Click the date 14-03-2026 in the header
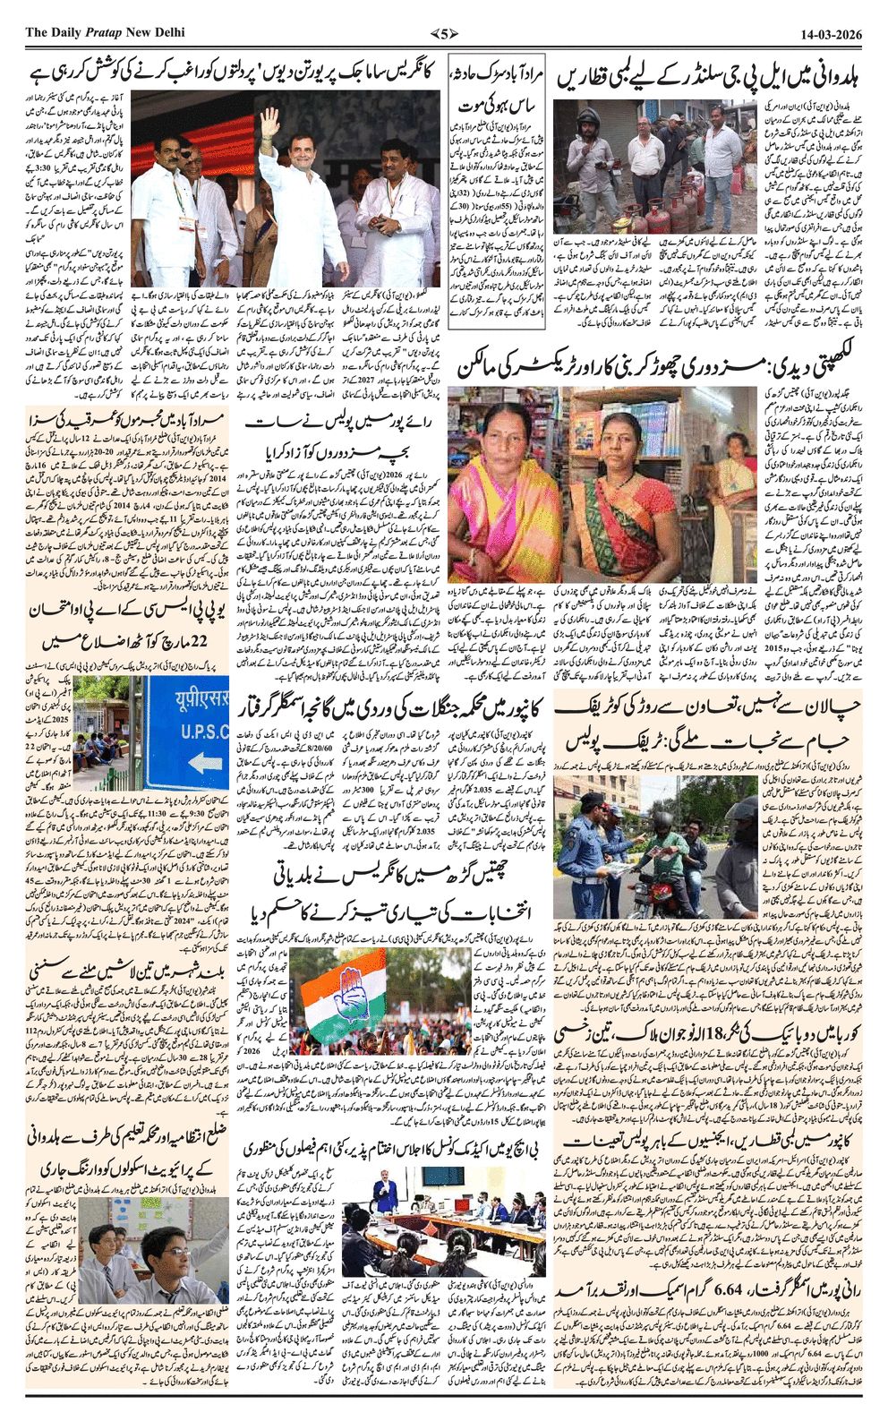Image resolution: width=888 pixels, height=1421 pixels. point(832,33)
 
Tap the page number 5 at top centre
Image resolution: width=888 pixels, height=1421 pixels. point(443,34)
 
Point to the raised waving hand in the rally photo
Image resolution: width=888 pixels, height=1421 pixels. point(270,119)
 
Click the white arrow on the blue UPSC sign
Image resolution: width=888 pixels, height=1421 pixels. point(205,763)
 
